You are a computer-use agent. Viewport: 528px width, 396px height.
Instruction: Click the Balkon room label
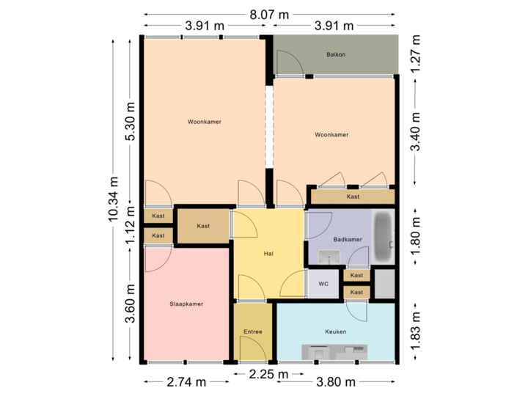(x=336, y=55)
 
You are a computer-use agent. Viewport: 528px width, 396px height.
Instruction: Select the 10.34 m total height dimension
(x=114, y=198)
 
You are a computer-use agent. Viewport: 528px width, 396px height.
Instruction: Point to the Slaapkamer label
(x=186, y=304)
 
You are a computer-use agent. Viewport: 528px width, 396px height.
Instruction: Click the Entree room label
(x=252, y=332)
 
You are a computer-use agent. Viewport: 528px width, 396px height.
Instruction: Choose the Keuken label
(x=335, y=332)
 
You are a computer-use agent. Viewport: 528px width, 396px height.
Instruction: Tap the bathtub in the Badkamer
(x=384, y=236)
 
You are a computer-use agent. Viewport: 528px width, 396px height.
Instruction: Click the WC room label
(x=323, y=284)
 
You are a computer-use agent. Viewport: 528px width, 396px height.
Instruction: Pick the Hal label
(x=268, y=254)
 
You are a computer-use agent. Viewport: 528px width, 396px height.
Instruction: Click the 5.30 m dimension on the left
(x=131, y=122)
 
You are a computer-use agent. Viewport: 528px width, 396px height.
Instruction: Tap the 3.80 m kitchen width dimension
(x=336, y=381)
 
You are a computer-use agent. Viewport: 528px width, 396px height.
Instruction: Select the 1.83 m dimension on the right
(x=416, y=330)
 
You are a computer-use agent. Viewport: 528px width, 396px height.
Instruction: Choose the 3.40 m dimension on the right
(x=416, y=132)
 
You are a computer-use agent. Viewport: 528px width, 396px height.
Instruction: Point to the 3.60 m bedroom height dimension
(x=131, y=304)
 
